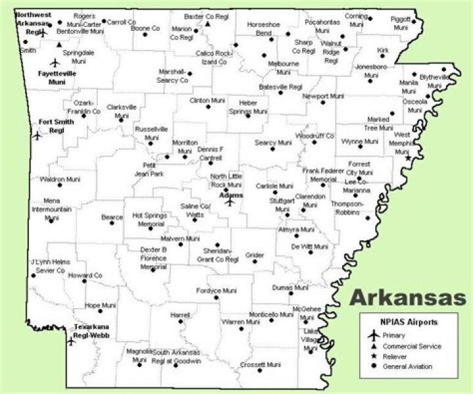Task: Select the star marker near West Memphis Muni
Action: (408, 158)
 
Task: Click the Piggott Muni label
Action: (400, 24)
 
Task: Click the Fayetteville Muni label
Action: (56, 77)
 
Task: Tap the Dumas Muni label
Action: (290, 287)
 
